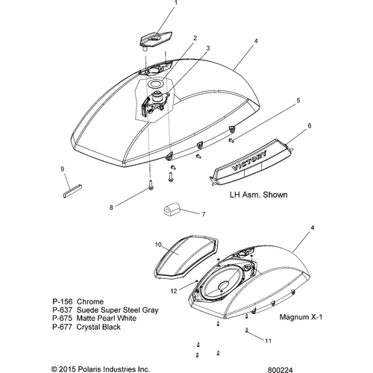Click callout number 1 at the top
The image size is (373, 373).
(x=176, y=3)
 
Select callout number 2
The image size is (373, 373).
(x=195, y=38)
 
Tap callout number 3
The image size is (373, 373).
(x=208, y=48)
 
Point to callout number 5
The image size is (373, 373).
(x=298, y=101)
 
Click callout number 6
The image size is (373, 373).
(x=310, y=126)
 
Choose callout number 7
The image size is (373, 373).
(x=204, y=214)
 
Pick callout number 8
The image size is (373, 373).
(x=111, y=207)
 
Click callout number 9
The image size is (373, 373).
(x=62, y=169)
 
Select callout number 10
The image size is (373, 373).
(x=158, y=245)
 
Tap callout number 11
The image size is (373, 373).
(x=268, y=341)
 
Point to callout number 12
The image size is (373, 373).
(x=174, y=291)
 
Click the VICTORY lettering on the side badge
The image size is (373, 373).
(x=249, y=161)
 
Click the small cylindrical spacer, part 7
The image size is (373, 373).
(x=172, y=209)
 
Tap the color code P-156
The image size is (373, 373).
(x=62, y=301)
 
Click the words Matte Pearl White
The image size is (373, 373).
(x=107, y=319)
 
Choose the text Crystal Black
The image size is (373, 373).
(x=98, y=327)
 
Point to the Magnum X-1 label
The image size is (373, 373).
(x=301, y=317)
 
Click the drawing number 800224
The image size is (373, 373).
(x=280, y=370)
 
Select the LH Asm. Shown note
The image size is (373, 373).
(x=259, y=195)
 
